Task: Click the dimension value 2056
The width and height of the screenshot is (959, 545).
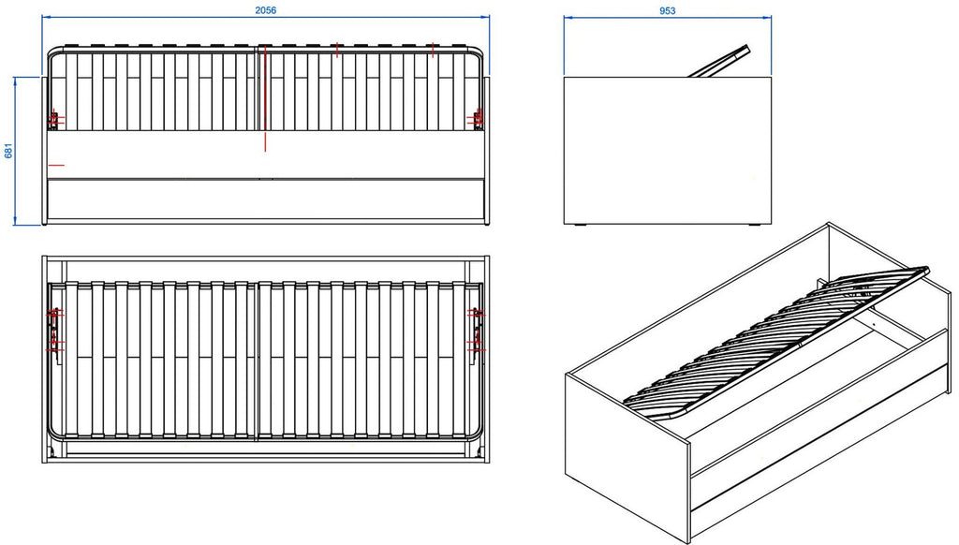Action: [x=265, y=9]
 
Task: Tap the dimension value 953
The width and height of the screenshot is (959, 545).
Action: [x=667, y=10]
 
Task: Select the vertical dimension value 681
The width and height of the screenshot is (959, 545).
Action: [x=8, y=151]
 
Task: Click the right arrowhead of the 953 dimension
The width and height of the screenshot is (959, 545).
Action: [x=767, y=18]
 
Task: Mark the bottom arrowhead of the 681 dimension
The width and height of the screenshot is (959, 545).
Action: [x=15, y=220]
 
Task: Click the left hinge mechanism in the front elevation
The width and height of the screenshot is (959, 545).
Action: [x=54, y=120]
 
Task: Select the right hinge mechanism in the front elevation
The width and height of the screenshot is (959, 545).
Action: [x=478, y=119]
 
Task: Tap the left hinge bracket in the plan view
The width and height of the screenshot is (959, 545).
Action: [x=55, y=329]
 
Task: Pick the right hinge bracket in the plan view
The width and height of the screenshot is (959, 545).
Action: [x=477, y=330]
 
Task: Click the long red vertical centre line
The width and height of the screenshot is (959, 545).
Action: [x=265, y=98]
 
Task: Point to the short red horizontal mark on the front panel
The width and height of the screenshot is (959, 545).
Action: [x=55, y=165]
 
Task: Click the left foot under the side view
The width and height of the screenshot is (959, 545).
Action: [x=580, y=226]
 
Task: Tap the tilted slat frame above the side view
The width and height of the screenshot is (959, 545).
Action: [x=718, y=61]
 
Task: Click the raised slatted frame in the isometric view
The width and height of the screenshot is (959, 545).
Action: [x=776, y=344]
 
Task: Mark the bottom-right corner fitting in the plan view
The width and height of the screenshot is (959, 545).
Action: [x=476, y=451]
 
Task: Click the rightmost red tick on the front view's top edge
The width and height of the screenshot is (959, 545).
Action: [x=433, y=51]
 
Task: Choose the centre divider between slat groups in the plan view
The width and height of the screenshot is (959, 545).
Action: [x=257, y=361]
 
